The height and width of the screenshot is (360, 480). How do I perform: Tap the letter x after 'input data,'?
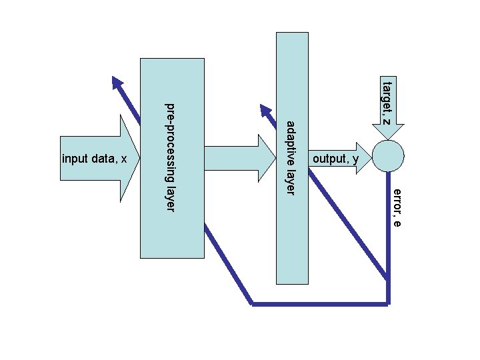click(x=124, y=159)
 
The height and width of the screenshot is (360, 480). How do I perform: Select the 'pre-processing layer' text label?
click(x=170, y=157)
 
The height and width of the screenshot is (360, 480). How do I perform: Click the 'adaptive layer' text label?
click(x=291, y=158)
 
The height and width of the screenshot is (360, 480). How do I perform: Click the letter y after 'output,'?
click(x=355, y=160)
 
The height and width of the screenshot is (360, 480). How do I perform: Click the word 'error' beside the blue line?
click(x=397, y=201)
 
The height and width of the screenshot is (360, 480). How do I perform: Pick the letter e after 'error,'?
click(x=397, y=223)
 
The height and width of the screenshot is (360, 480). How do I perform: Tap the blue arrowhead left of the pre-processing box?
click(x=117, y=82)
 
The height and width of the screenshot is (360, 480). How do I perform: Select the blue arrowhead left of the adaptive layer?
click(x=265, y=110)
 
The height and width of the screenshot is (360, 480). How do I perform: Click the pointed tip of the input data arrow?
click(x=139, y=158)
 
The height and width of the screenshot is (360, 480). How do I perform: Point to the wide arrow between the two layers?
click(x=240, y=158)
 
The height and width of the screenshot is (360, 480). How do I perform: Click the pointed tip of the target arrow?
click(x=388, y=140)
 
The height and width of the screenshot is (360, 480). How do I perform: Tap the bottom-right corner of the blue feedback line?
click(x=389, y=304)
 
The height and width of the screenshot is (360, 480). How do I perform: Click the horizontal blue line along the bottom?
click(x=320, y=304)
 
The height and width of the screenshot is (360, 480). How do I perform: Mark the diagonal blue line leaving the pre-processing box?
click(x=228, y=263)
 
